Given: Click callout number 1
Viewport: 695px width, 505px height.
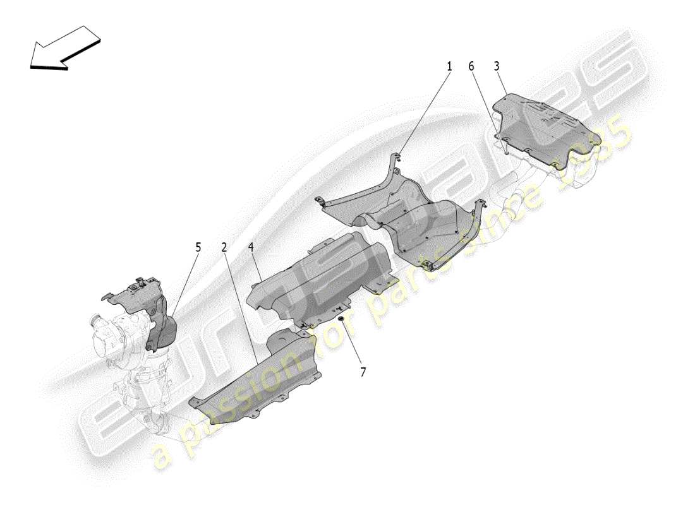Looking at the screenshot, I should (x=450, y=66).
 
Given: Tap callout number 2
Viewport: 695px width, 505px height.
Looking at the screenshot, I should (x=224, y=247).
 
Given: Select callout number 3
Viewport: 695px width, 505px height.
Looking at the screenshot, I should (x=497, y=66).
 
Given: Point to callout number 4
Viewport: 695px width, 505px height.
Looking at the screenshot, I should (x=251, y=247).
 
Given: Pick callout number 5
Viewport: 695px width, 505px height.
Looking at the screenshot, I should (x=198, y=247).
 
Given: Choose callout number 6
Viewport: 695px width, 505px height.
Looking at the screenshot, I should (x=471, y=66).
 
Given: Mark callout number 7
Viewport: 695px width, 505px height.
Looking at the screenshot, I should (x=363, y=372).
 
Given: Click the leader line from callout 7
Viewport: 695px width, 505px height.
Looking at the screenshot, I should (x=352, y=344).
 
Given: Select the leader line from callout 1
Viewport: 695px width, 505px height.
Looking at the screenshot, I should (x=423, y=114).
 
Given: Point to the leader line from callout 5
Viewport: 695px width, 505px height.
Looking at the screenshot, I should (x=183, y=284).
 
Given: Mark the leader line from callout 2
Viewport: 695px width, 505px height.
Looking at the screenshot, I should (x=240, y=303).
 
